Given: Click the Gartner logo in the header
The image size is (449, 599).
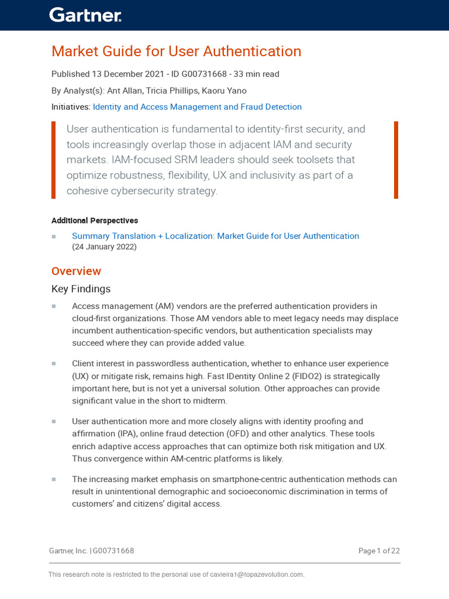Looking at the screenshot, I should click(x=85, y=15).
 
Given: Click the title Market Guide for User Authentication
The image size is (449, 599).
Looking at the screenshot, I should click(x=176, y=51).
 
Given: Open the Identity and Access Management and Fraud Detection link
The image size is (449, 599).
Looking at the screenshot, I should click(x=197, y=107).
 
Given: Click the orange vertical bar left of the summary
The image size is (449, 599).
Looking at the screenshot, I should click(x=54, y=160).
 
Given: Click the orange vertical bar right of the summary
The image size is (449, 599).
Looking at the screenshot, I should click(x=396, y=160).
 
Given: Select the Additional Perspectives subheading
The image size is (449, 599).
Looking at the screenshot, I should click(x=95, y=221).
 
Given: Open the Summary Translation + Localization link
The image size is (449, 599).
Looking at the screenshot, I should click(x=215, y=236).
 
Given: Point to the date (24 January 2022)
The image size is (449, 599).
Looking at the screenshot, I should click(x=104, y=247).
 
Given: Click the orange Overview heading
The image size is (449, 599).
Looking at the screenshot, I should click(x=76, y=271).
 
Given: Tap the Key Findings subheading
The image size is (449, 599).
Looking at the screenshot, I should click(x=81, y=289).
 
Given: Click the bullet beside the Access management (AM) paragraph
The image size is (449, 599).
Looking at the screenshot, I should click(x=54, y=306).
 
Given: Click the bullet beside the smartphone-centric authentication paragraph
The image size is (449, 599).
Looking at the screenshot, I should click(x=54, y=479).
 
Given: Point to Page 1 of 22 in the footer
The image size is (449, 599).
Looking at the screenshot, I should click(x=379, y=550).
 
